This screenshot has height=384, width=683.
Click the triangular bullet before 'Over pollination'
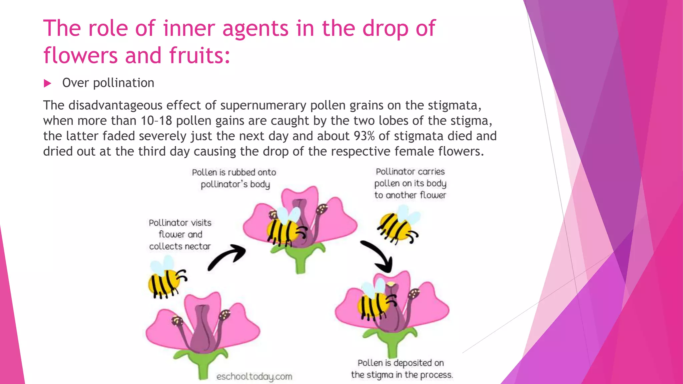(48, 83)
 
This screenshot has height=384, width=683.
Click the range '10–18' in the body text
(156, 121)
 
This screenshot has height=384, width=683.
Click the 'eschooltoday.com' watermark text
(254, 377)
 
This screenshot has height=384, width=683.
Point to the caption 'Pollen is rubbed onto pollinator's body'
(234, 178)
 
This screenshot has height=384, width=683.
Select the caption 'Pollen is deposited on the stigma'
(402, 369)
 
